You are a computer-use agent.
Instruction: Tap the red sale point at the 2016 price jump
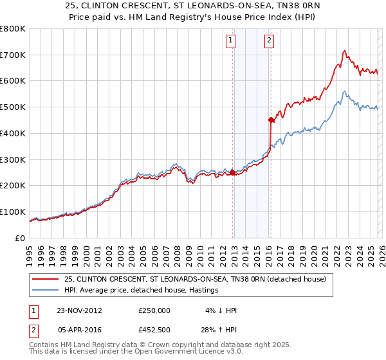click(x=271, y=119)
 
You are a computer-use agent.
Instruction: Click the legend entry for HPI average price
click(x=142, y=291)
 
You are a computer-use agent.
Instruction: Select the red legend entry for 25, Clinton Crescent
click(x=196, y=279)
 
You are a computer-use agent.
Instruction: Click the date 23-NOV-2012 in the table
click(x=79, y=310)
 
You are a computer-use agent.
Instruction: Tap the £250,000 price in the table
click(x=154, y=310)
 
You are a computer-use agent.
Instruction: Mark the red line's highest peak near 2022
click(x=345, y=51)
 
